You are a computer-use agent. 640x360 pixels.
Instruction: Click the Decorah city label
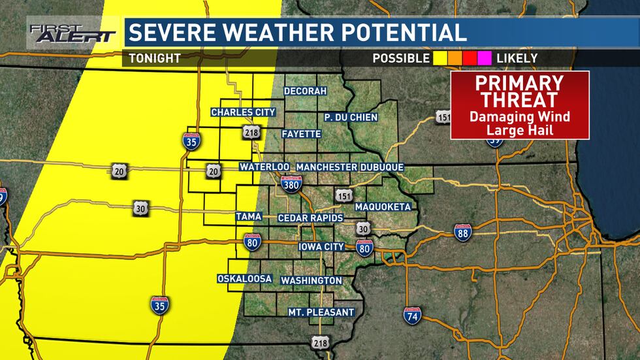pos(305,91)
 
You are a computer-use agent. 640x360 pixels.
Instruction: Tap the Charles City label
pos(243,112)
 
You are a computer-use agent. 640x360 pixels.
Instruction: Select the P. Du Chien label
pos(346,117)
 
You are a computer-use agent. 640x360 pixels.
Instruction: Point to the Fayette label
pos(301,134)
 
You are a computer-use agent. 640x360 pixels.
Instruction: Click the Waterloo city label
pos(264,167)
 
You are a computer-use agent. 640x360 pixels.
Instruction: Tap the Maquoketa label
pos(383,207)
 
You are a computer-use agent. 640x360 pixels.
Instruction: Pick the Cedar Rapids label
pos(308,217)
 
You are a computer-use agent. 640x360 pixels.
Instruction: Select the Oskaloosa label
pos(244,279)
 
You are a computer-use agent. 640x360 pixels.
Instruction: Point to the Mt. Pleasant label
pos(321,312)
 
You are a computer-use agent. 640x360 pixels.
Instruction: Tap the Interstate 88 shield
pos(462,232)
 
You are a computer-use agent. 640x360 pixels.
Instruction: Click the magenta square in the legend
pos(485,58)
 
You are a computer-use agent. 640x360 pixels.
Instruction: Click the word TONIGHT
pos(154,58)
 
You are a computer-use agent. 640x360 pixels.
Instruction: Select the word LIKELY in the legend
pos(517,58)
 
